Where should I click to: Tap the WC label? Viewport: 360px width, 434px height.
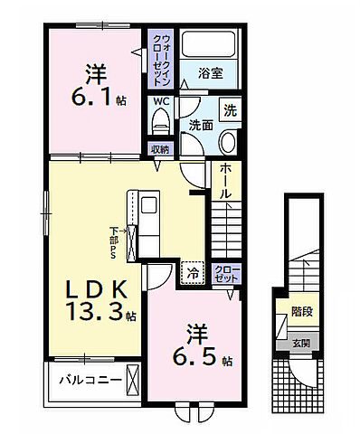pos(159,101)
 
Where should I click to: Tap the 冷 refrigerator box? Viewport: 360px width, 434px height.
pos(193,269)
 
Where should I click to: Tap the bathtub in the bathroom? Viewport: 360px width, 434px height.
pos(206,45)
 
